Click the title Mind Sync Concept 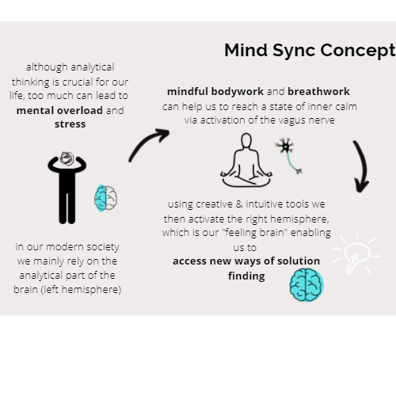(310, 51)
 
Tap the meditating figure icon (246, 161)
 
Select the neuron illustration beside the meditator (288, 155)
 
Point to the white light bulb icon (356, 253)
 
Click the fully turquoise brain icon (307, 285)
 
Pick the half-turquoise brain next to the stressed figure (105, 198)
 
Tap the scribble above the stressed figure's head (67, 158)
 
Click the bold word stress (70, 124)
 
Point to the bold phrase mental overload (59, 110)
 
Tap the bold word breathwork (318, 92)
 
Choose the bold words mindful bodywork (215, 92)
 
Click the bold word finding (246, 276)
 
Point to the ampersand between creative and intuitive (239, 204)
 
